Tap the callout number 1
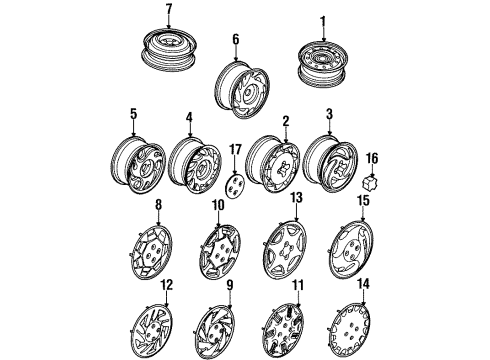(x=323, y=21)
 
